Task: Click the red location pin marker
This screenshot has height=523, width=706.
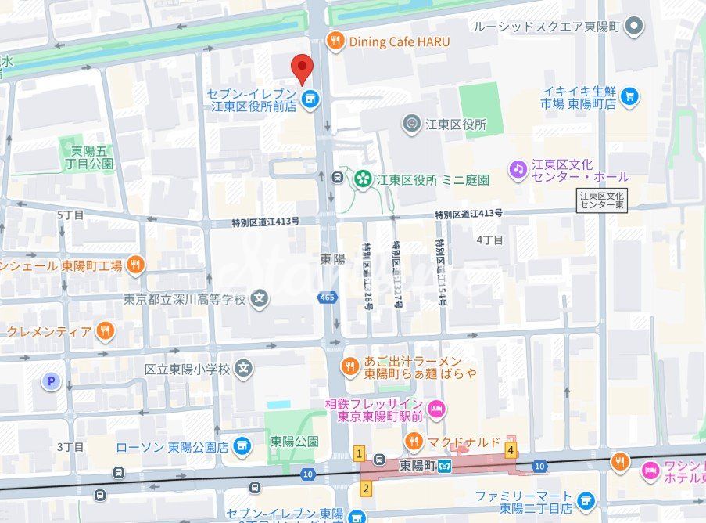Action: point(302,69)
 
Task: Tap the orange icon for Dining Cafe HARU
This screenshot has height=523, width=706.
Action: point(335,41)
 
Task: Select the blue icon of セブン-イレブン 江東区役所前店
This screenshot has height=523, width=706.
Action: point(311,99)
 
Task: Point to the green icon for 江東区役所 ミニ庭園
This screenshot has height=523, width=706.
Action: point(362,179)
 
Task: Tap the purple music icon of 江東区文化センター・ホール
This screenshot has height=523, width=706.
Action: point(517,168)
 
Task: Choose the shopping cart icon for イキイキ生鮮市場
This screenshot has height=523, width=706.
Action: point(630,97)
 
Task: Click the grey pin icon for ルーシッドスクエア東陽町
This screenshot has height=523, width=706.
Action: point(636,27)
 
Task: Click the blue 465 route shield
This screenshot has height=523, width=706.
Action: point(327,298)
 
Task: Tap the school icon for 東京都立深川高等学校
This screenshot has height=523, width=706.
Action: point(260,298)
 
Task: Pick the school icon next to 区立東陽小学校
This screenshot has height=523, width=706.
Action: point(245,368)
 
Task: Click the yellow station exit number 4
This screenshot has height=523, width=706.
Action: point(511,450)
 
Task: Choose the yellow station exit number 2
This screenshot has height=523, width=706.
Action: point(364,489)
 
